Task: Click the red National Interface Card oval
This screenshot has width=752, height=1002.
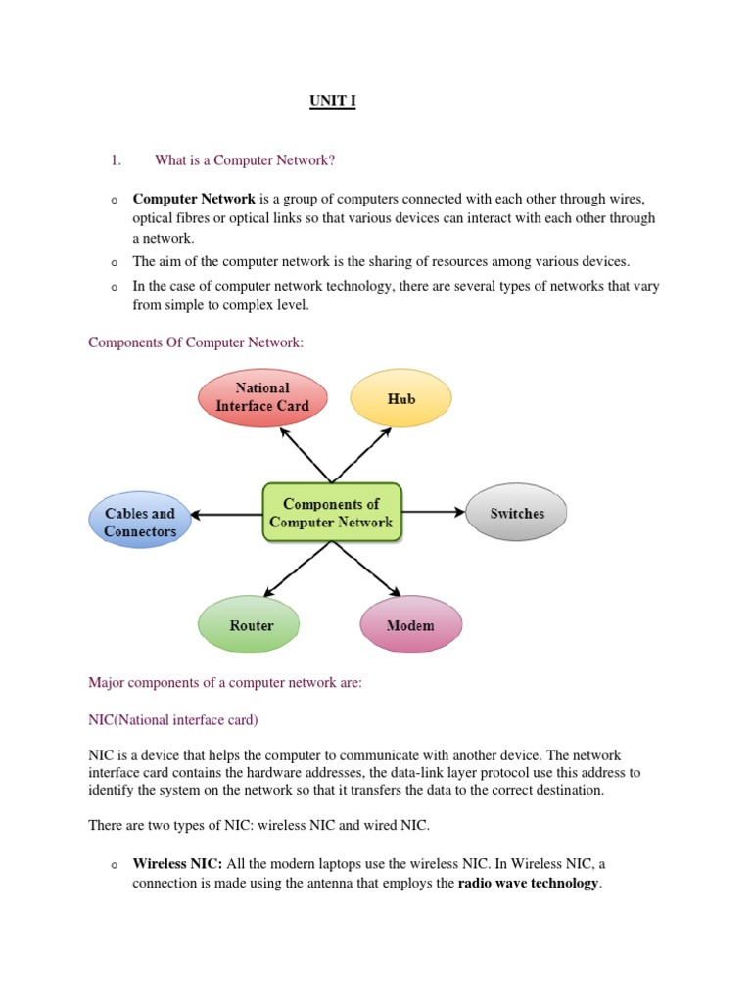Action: [262, 396]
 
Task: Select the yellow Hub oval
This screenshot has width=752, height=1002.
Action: [400, 399]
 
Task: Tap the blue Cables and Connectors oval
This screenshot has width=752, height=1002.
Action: [140, 522]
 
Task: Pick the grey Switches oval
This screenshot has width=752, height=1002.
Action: [517, 513]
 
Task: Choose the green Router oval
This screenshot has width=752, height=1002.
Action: [251, 625]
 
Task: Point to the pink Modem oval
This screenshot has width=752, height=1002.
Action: [410, 625]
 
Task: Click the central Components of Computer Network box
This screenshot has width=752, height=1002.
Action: [331, 513]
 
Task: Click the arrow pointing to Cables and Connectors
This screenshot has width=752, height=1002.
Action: [226, 514]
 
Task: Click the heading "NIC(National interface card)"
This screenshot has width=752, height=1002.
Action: [173, 720]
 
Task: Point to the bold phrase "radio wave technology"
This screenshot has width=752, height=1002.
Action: [528, 883]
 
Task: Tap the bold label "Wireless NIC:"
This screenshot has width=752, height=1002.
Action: [178, 864]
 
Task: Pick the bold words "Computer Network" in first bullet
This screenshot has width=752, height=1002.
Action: [194, 199]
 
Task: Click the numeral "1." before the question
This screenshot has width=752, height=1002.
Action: [115, 160]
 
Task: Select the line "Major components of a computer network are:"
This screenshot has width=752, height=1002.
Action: [225, 683]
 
